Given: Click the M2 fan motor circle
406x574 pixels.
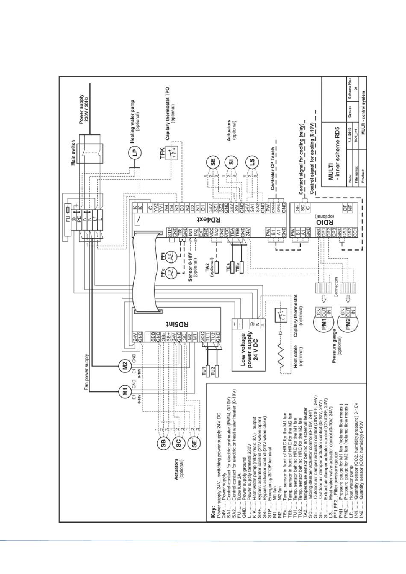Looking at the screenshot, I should click(x=125, y=365).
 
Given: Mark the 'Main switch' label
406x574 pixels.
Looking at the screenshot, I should click(x=74, y=151).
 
